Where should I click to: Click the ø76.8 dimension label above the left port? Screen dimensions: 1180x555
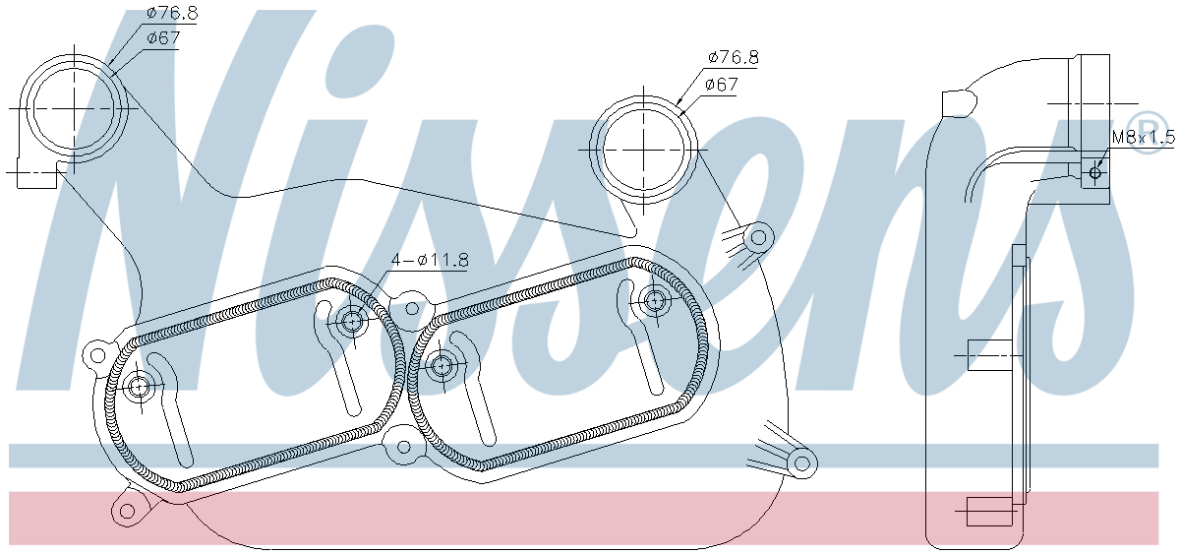(x=172, y=13)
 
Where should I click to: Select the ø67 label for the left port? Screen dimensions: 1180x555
(x=163, y=38)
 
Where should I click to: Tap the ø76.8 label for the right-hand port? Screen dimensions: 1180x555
(x=734, y=57)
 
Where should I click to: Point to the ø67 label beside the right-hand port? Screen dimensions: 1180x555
(x=721, y=85)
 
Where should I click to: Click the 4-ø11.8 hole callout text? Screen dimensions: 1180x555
(x=430, y=260)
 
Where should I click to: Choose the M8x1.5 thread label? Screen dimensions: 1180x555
(x=1143, y=138)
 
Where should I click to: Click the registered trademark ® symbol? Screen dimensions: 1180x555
(x=1147, y=132)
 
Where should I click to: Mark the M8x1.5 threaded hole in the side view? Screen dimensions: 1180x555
(x=1095, y=172)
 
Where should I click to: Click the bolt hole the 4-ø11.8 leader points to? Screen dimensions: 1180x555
(x=350, y=321)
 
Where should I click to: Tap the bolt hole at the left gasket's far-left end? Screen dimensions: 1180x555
(x=139, y=388)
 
